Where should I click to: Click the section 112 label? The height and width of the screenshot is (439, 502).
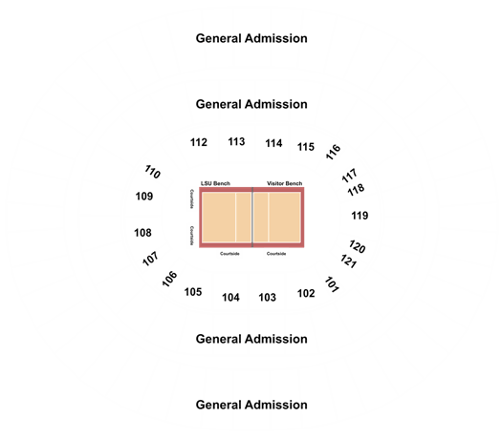pyautogui.click(x=199, y=142)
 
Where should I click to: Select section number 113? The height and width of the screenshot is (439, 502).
pyautogui.click(x=236, y=141)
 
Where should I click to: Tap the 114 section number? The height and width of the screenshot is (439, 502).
pyautogui.click(x=273, y=143)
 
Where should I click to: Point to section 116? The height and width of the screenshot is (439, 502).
pyautogui.click(x=333, y=152)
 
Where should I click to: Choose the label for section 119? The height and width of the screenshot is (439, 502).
pyautogui.click(x=360, y=216)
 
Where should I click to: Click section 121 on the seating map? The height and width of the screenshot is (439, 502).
pyautogui.click(x=348, y=261)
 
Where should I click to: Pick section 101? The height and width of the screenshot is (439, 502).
pyautogui.click(x=332, y=284)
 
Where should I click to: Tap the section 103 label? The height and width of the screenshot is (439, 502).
pyautogui.click(x=268, y=298)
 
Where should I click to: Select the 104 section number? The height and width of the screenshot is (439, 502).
pyautogui.click(x=230, y=298)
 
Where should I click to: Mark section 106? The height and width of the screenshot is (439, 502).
pyautogui.click(x=169, y=279)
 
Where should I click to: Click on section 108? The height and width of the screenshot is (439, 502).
pyautogui.click(x=142, y=233)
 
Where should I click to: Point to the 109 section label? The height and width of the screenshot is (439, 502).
pyautogui.click(x=144, y=197)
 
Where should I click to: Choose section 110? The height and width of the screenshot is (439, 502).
pyautogui.click(x=152, y=172)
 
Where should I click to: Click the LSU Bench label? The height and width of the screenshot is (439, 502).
pyautogui.click(x=215, y=183)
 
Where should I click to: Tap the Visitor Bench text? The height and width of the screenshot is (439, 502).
pyautogui.click(x=285, y=183)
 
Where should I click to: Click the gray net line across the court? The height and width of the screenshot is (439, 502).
pyautogui.click(x=252, y=218)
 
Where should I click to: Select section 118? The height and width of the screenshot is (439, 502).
pyautogui.click(x=356, y=190)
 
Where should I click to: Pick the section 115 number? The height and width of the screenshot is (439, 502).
pyautogui.click(x=306, y=147)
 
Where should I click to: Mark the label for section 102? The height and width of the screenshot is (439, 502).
pyautogui.click(x=306, y=293)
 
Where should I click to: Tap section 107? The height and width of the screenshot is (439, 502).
pyautogui.click(x=150, y=259)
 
